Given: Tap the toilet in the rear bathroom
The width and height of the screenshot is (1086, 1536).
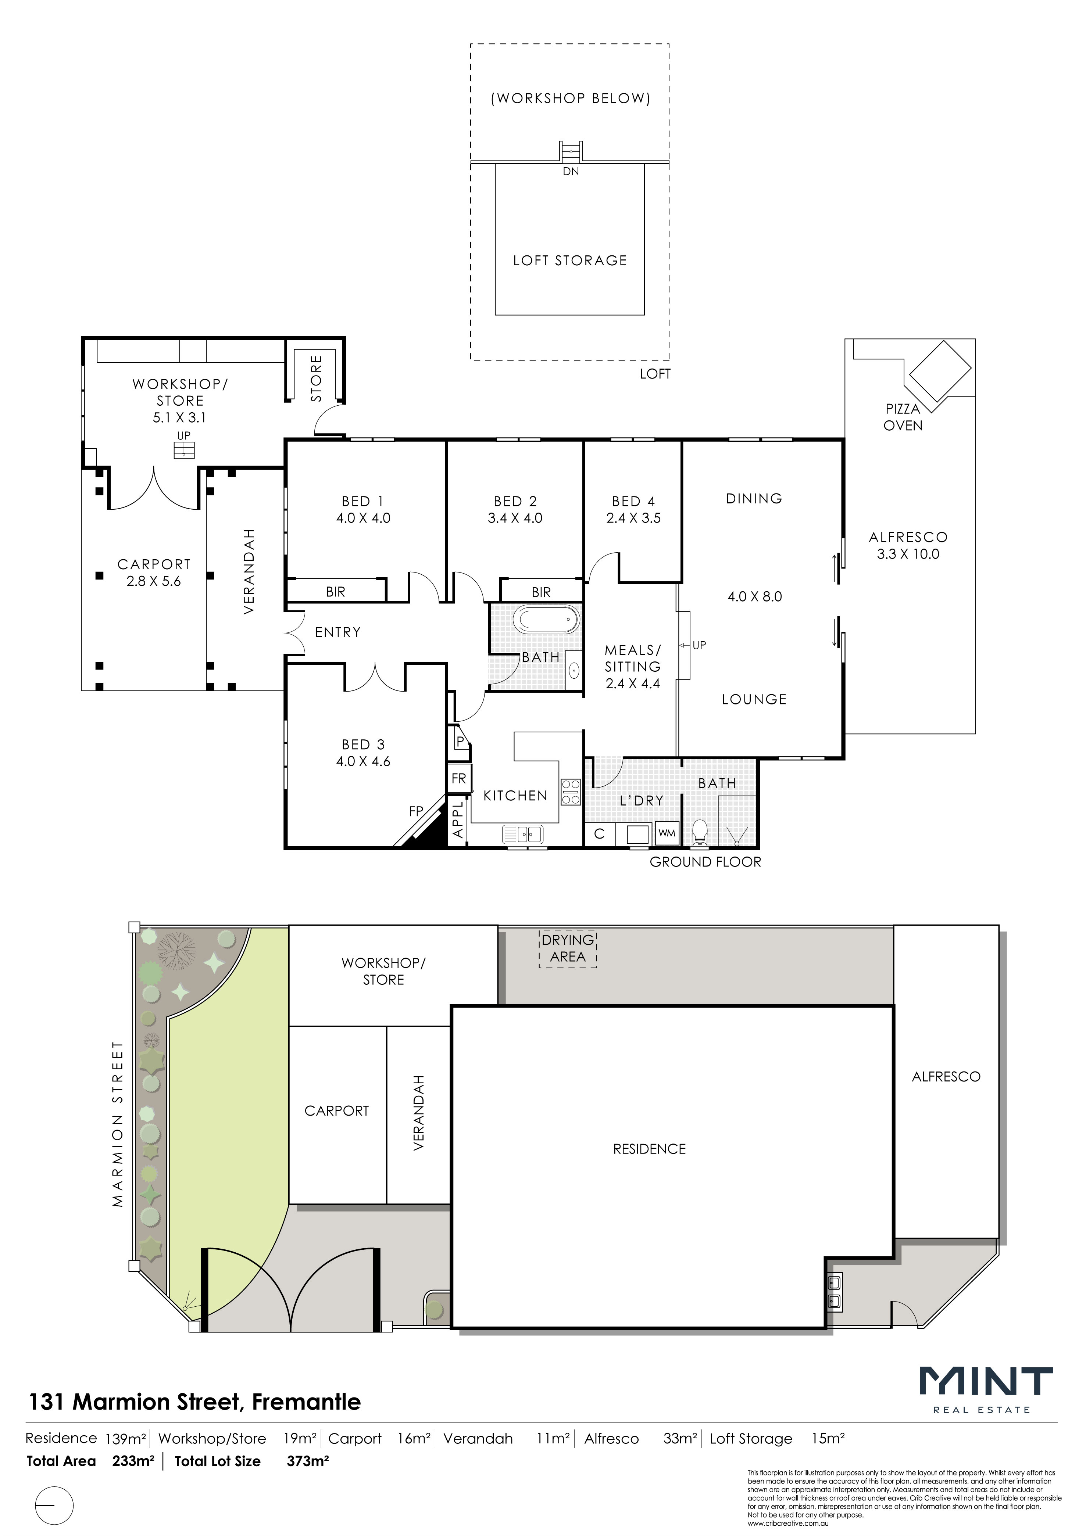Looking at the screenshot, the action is tap(700, 833).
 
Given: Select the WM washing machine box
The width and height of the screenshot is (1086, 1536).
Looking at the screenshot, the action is tap(667, 833).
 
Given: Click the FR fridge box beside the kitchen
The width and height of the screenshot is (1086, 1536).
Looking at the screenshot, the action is tap(459, 779).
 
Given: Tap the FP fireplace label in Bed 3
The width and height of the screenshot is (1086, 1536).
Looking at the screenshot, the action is tap(416, 811).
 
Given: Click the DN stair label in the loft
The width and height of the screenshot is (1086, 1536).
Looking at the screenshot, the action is tap(571, 171).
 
